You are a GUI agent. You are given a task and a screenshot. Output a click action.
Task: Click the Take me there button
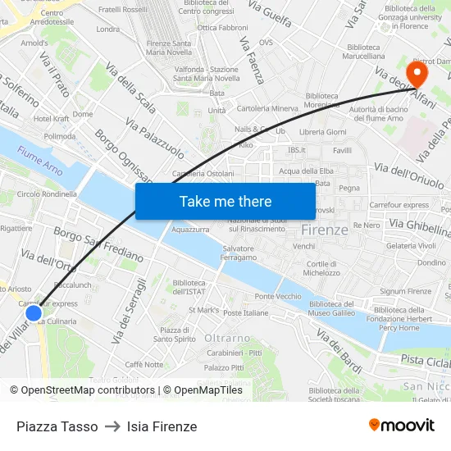[x=225, y=201]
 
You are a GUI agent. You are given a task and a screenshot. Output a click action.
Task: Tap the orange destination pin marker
[x=417, y=75]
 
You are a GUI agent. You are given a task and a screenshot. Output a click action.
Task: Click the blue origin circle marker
[x=34, y=312]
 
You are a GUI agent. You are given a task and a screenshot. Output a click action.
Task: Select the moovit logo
[x=402, y=425]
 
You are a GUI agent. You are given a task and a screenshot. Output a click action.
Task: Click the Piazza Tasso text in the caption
[x=57, y=426]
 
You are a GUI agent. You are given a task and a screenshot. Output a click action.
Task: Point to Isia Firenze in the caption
[x=162, y=426]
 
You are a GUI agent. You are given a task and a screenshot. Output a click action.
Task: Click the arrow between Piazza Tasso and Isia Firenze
[x=112, y=426]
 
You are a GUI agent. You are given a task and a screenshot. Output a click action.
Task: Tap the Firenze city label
[x=325, y=230]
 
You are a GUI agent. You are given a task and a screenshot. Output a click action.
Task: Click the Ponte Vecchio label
[x=278, y=296]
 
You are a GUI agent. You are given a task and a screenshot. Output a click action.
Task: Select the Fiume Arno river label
[x=39, y=156]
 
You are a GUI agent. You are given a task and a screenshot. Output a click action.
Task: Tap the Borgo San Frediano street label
[x=98, y=244]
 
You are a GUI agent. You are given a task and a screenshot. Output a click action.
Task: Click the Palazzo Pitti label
[x=224, y=367]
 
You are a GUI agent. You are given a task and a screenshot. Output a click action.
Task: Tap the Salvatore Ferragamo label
[x=238, y=253]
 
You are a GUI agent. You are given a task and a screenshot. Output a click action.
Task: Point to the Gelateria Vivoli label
[x=411, y=245]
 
